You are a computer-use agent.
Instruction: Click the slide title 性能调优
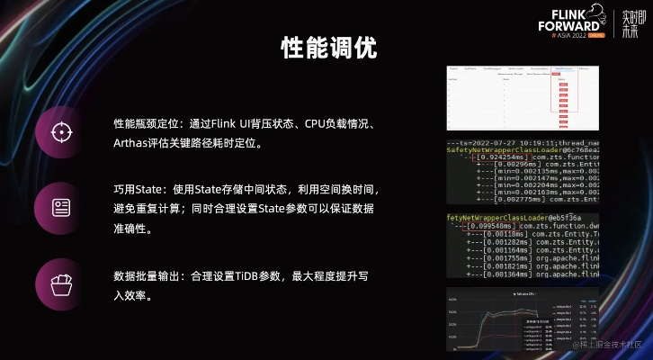tap(327, 47)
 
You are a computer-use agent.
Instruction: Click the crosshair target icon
tap(61, 132)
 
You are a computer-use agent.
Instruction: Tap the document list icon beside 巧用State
tap(61, 207)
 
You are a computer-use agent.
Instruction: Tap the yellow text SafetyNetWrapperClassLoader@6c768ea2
tap(522, 150)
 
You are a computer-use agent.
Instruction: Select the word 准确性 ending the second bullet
tap(130, 229)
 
